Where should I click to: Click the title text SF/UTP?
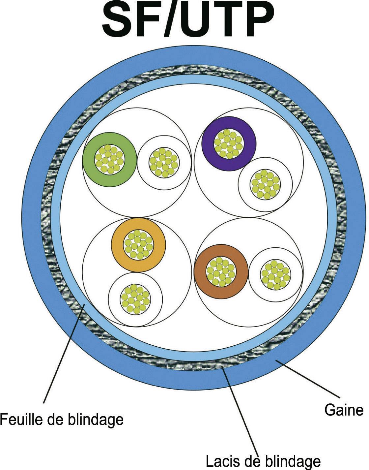click(188, 20)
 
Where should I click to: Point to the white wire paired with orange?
click(135, 299)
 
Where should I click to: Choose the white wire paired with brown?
click(275, 274)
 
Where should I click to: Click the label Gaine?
click(344, 410)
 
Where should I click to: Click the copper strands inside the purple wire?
click(228, 142)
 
